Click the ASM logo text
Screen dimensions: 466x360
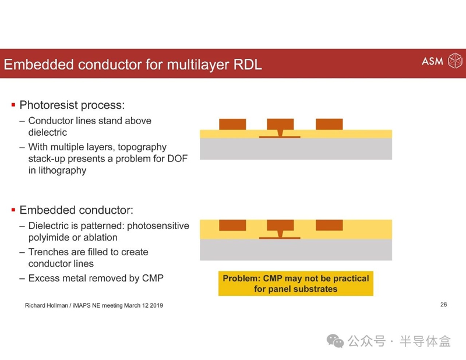[432, 61]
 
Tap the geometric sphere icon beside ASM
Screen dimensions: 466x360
[455, 61]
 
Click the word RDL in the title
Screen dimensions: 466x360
[248, 65]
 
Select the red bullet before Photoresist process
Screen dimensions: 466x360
[13, 105]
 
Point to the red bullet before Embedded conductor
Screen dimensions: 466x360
[13, 210]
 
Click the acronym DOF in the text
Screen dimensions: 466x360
[178, 158]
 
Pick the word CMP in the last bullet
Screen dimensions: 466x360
[153, 278]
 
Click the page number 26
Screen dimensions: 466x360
[443, 305]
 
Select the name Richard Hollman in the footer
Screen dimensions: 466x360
[47, 305]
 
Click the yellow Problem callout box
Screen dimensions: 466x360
[296, 283]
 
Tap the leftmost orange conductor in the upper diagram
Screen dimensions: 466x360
[232, 124]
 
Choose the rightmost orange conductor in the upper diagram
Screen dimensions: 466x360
[329, 124]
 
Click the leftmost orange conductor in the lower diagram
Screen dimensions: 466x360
[232, 225]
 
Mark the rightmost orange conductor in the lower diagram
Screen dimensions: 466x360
[329, 225]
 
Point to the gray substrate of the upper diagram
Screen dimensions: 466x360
[296, 149]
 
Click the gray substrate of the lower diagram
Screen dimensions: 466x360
[296, 250]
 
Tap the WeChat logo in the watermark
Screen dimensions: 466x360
[335, 341]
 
